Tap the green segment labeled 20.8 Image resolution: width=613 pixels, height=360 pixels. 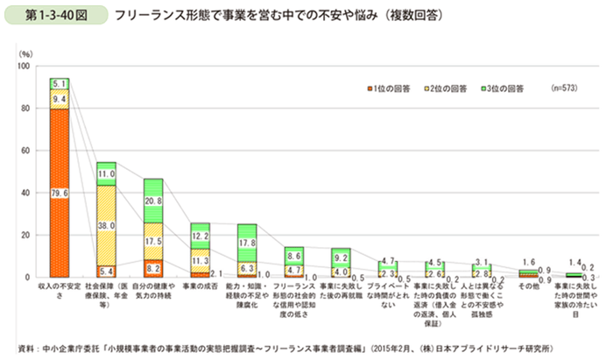click(x=153, y=201)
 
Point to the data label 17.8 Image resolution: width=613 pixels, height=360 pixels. click(x=247, y=243)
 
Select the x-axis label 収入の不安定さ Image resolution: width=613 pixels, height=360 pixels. click(x=60, y=291)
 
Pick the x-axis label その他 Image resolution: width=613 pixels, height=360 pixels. click(x=527, y=286)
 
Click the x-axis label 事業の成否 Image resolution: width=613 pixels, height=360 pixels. click(x=200, y=286)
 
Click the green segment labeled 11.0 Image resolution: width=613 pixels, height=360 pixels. click(x=107, y=173)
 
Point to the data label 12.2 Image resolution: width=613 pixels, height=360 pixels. click(x=200, y=236)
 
